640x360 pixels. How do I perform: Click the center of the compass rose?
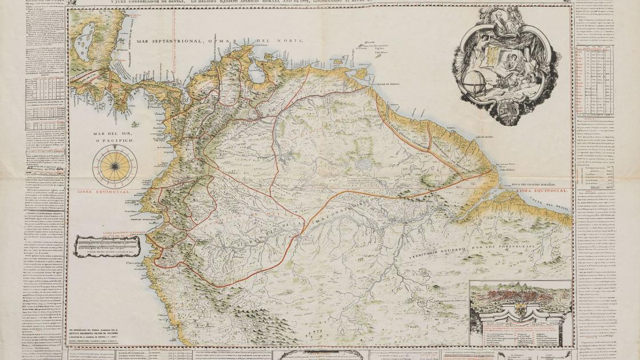click(115, 166)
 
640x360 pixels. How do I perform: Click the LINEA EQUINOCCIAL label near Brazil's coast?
click(543, 190)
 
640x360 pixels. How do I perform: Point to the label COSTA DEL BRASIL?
click(551, 206)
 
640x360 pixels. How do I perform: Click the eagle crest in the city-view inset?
click(521, 309)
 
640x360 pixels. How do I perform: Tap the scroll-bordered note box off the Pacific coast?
click(107, 246)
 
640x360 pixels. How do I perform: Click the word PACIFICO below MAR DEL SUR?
click(117, 139)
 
